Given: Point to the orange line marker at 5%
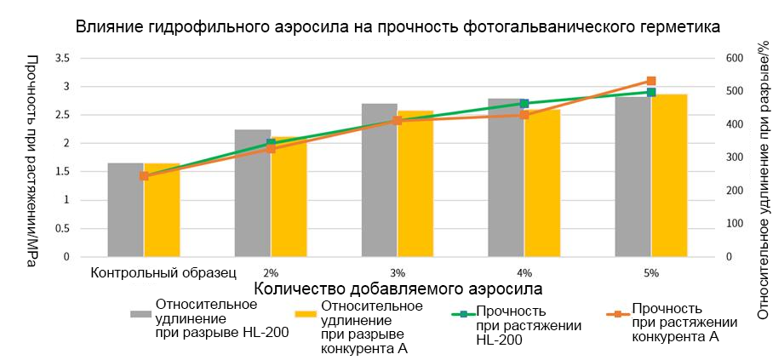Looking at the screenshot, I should pyautogui.click(x=651, y=81).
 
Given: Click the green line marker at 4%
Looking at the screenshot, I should pyautogui.click(x=524, y=104).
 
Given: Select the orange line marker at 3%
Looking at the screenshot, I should pyautogui.click(x=398, y=121).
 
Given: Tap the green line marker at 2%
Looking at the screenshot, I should pyautogui.click(x=271, y=143).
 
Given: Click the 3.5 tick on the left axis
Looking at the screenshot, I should pyautogui.click(x=61, y=59).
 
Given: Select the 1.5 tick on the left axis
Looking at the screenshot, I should pyautogui.click(x=61, y=172).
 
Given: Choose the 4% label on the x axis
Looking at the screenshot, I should pyautogui.click(x=524, y=273).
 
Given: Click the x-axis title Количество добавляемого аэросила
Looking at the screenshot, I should pyautogui.click(x=398, y=289).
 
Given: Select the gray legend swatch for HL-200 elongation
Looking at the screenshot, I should pyautogui.click(x=140, y=314).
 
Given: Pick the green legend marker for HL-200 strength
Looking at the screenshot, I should pyautogui.click(x=463, y=314).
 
